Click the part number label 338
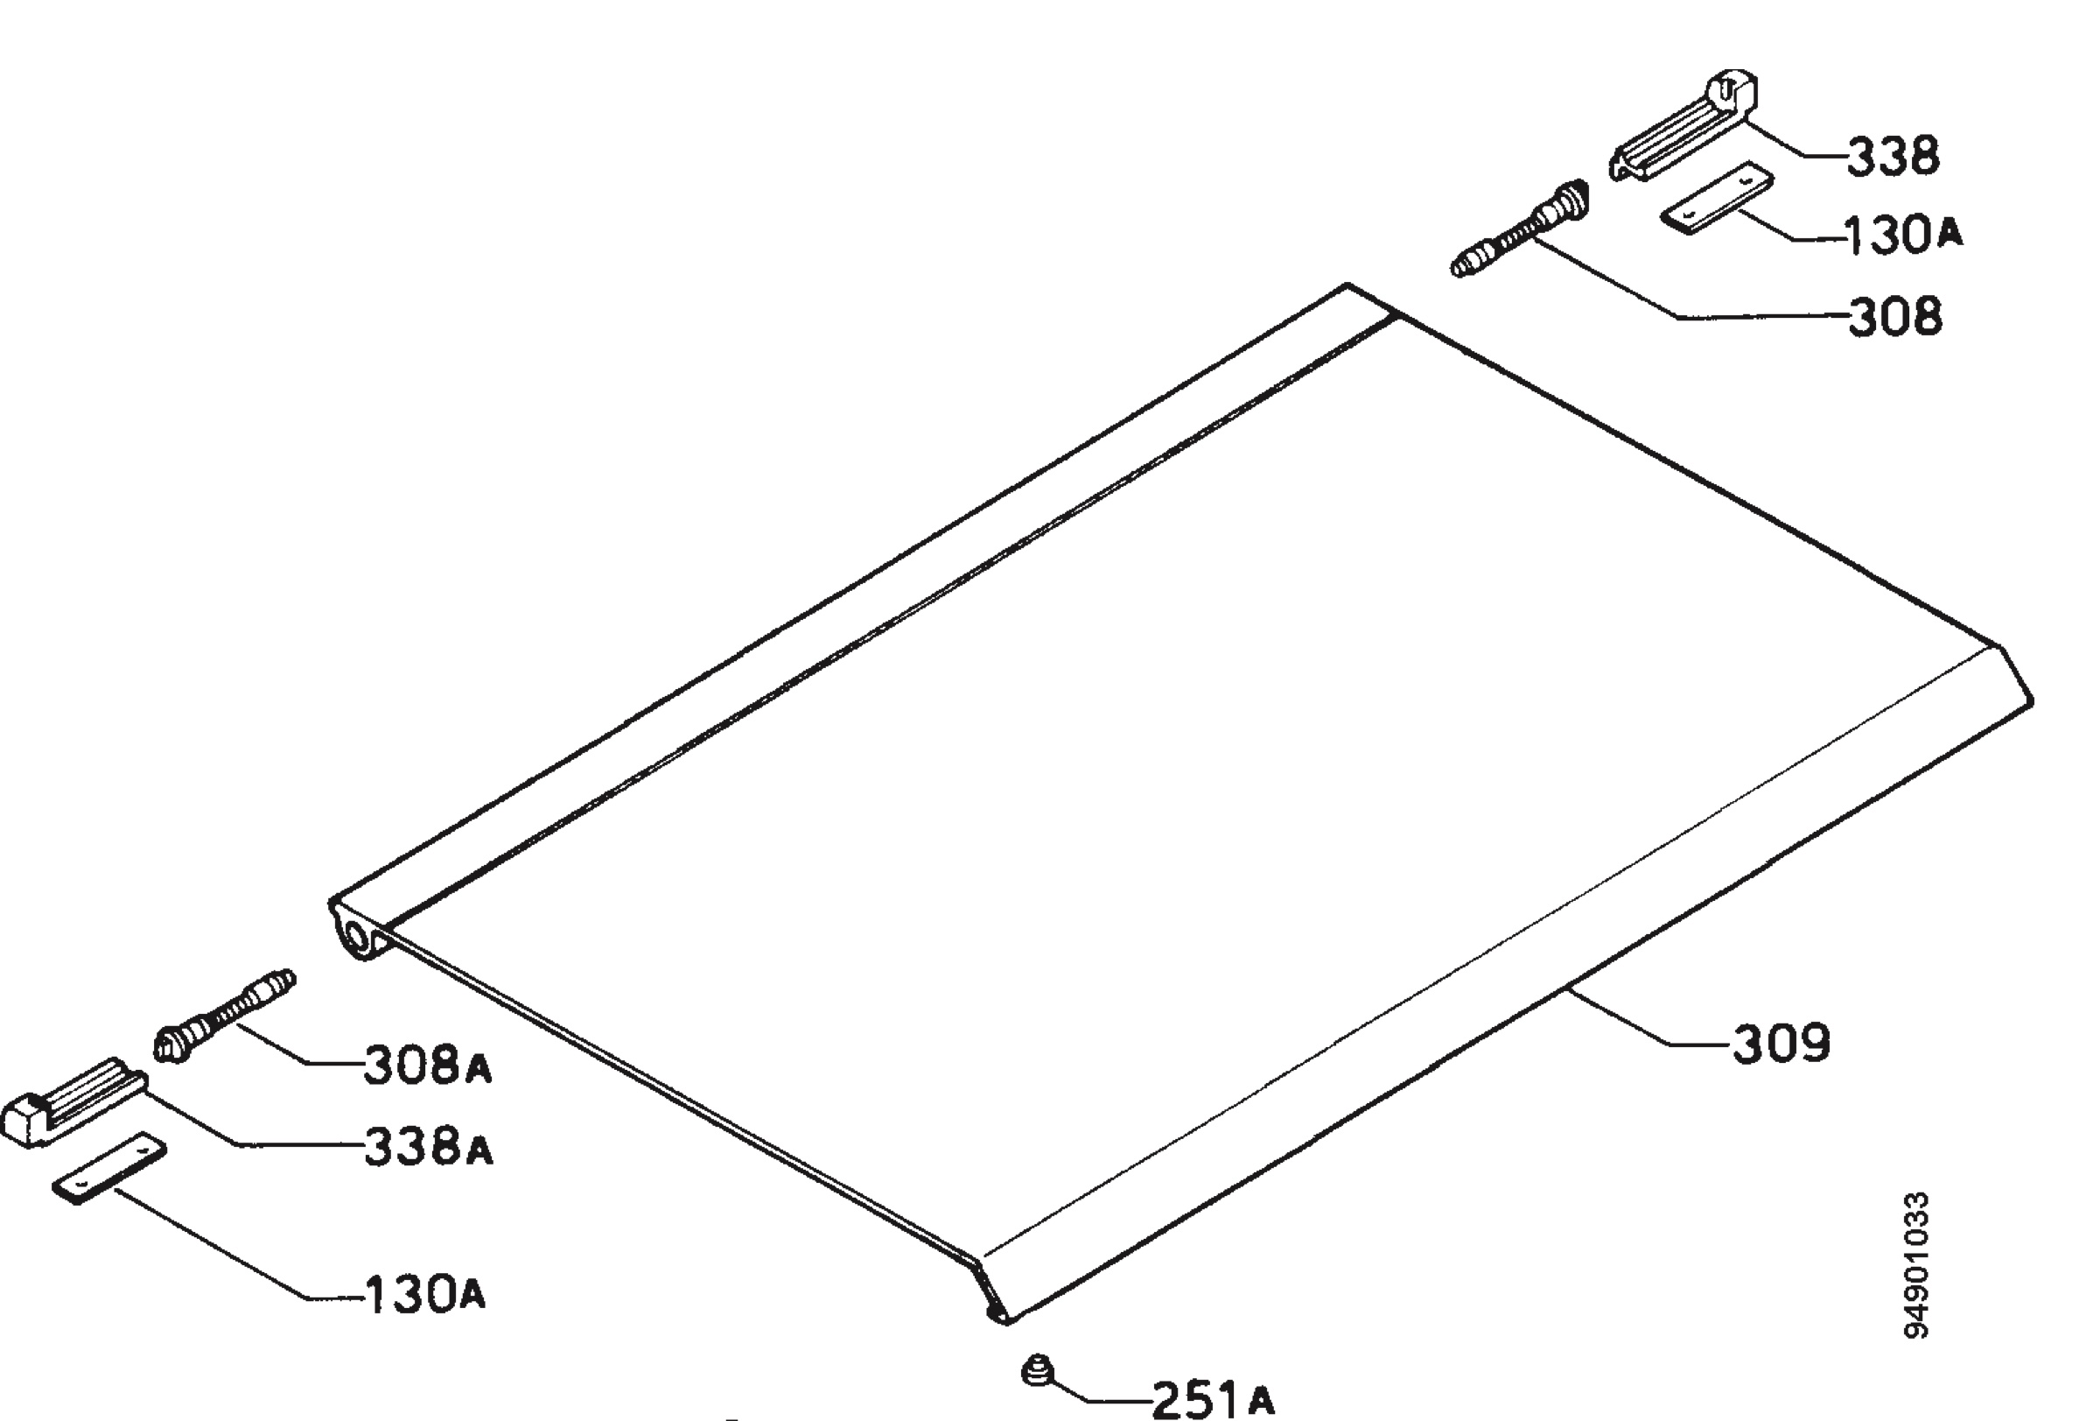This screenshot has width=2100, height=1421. coord(1892,157)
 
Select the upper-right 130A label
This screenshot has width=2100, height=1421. coord(1901,236)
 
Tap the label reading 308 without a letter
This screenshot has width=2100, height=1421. coord(1895,317)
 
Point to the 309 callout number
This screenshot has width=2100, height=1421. coord(1781,1043)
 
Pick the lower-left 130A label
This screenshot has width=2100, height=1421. coord(424,1295)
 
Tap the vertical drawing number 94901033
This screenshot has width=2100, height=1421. coord(1915,1264)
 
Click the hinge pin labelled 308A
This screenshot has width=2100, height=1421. coord(225,1015)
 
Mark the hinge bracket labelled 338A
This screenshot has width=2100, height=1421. coord(74,1102)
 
